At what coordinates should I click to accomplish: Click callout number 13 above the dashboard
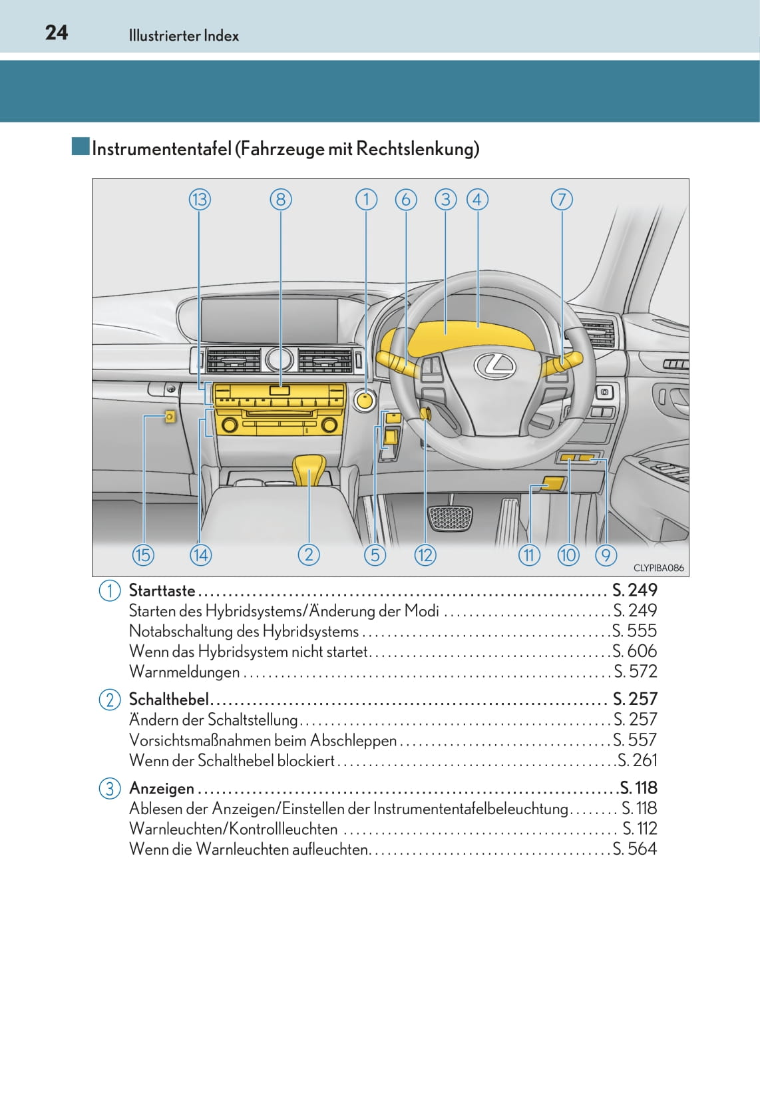tap(200, 200)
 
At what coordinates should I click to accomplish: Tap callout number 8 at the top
tap(281, 200)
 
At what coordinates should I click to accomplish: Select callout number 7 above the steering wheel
tap(562, 200)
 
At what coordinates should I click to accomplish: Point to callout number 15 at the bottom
tap(143, 554)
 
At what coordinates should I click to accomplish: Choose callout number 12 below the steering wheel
tap(425, 554)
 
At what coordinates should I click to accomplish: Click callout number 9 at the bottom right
tap(606, 554)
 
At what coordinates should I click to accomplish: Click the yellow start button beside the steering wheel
tap(365, 400)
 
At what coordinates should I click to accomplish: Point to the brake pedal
tap(449, 518)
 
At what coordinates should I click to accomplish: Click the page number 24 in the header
tap(57, 33)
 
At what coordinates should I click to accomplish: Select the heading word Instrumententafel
tap(162, 148)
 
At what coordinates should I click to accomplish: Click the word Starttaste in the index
tap(162, 590)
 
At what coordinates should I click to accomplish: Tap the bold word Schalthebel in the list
tap(169, 699)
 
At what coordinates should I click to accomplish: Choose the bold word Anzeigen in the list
tap(162, 788)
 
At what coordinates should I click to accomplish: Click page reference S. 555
tap(635, 630)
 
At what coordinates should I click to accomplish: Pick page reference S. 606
tap(635, 651)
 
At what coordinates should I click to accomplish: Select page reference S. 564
tap(635, 849)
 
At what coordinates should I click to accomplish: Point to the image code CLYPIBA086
tap(658, 568)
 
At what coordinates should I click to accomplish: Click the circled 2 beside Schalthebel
tap(109, 700)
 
